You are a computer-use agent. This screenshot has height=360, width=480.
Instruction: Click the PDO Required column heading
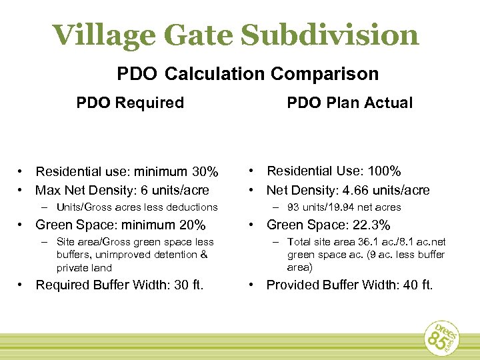[130, 103]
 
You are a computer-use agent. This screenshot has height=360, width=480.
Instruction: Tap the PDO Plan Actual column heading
[350, 103]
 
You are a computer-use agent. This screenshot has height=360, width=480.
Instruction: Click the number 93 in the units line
[294, 207]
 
